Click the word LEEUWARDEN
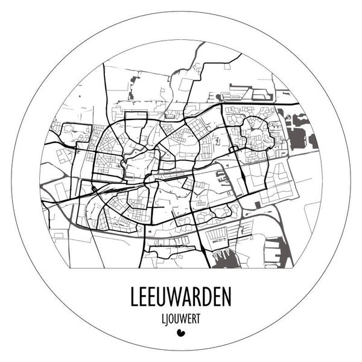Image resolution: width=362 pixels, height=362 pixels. tap(180, 297)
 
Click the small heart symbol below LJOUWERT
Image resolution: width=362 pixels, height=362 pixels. tap(180, 331)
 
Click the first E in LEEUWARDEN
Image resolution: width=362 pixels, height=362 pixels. tap(144, 297)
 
